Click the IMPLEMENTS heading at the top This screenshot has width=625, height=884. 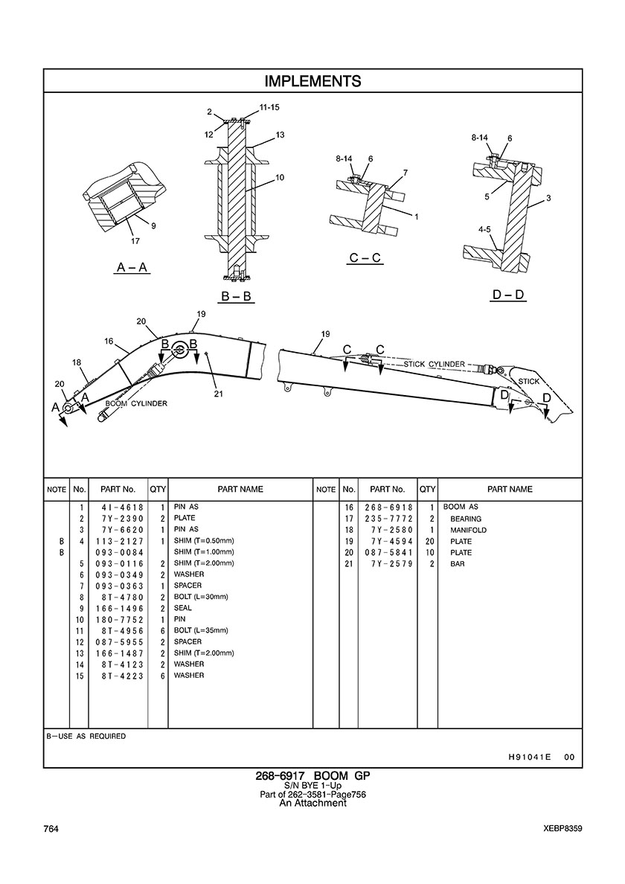click(x=312, y=81)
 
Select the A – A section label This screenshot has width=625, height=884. click(x=132, y=267)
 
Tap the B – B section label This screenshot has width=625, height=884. click(x=237, y=297)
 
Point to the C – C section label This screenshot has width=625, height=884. click(x=365, y=258)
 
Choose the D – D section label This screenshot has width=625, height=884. click(x=509, y=295)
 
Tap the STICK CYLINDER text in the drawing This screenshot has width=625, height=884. click(x=435, y=364)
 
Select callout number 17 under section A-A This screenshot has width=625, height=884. click(x=135, y=240)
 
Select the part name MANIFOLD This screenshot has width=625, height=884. click(x=468, y=530)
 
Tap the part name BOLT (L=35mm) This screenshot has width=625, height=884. click(x=201, y=630)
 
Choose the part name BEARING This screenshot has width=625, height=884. click(x=465, y=519)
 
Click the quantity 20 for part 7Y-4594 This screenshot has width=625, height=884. click(x=428, y=541)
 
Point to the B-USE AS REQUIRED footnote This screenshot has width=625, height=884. click(x=86, y=736)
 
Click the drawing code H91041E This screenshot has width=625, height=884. click(x=529, y=757)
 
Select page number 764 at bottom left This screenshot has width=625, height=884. click(x=51, y=829)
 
